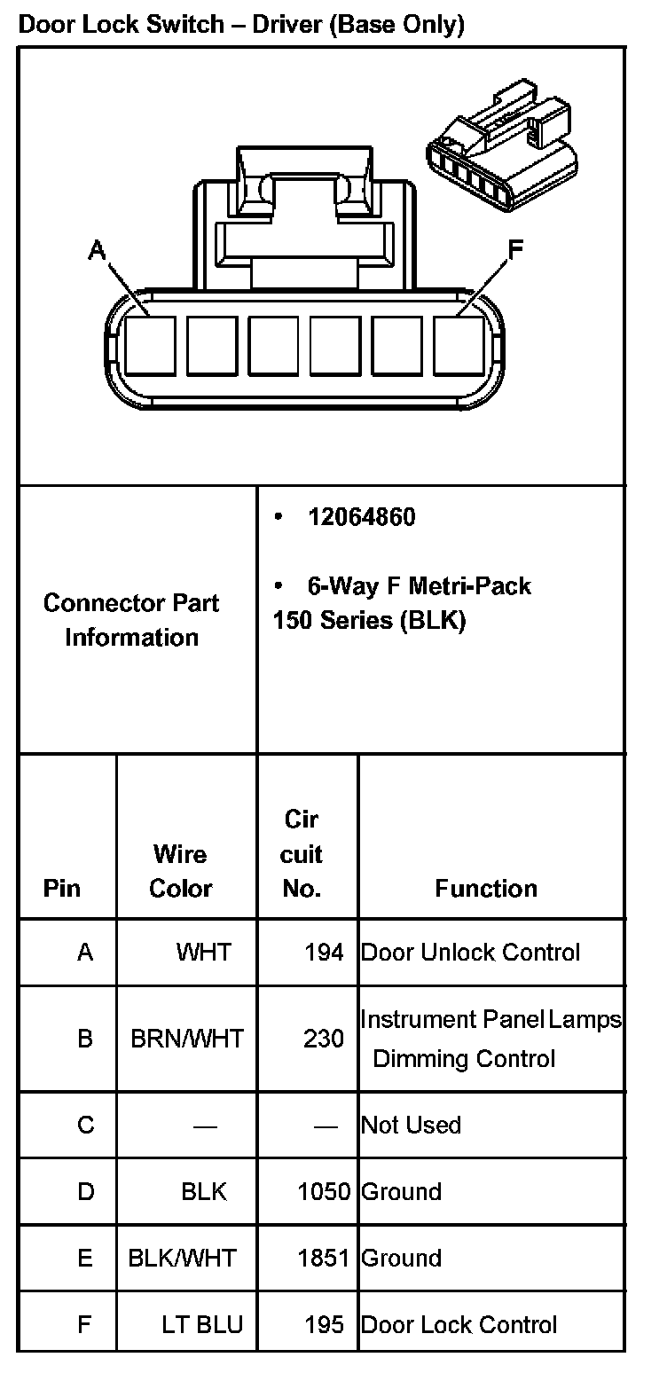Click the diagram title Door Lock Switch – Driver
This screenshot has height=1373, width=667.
tap(241, 24)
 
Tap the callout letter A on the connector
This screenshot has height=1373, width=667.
tap(98, 253)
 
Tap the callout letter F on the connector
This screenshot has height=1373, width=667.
tap(514, 249)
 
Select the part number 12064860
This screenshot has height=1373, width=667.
tap(361, 517)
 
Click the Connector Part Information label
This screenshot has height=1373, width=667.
tap(131, 620)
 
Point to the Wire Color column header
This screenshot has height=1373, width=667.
tap(180, 871)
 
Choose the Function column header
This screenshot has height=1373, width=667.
tap(486, 889)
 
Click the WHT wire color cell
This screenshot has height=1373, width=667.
tap(203, 953)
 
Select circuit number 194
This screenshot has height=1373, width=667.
tap(323, 953)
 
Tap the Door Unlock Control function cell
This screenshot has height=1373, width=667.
tap(470, 953)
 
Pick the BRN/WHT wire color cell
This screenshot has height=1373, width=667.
tap(186, 1038)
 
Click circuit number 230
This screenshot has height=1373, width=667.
tap(323, 1038)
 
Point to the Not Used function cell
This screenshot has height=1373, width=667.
tap(411, 1125)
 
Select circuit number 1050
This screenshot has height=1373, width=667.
tap(325, 1191)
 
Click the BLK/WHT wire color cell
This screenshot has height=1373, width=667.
tap(183, 1258)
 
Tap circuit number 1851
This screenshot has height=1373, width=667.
tap(325, 1258)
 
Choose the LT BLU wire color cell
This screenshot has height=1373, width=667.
tap(201, 1325)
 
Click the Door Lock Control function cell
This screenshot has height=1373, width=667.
tap(459, 1325)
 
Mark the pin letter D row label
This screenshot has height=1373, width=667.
tap(85, 1191)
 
